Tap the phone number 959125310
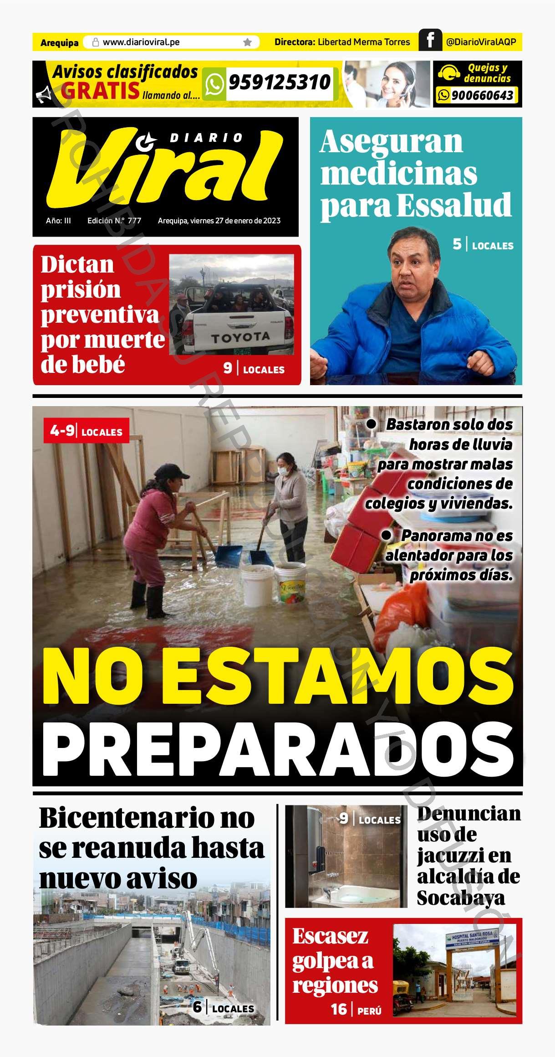(280, 82)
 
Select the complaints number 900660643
(482, 95)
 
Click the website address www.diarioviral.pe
(141, 42)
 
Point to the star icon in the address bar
(247, 42)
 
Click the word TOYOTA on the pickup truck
(240, 338)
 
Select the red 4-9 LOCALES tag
(87, 431)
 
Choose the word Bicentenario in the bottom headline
(123, 818)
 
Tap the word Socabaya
(460, 898)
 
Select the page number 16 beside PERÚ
(339, 1009)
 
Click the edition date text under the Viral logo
(219, 221)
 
